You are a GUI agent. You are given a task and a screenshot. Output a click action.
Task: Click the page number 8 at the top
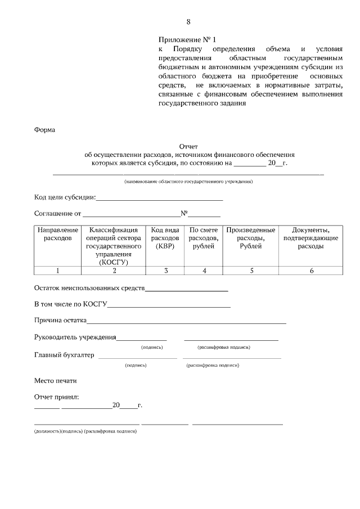188,22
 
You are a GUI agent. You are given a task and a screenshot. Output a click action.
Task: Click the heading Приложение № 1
186,40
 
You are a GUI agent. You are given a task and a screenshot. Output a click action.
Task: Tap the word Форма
44,129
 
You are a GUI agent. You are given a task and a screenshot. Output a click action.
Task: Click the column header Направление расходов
57,234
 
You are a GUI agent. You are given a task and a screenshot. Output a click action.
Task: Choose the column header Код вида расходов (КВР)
165,238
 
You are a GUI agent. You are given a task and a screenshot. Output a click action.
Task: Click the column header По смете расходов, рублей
204,238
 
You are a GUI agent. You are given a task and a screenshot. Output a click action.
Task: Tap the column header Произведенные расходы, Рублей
251,238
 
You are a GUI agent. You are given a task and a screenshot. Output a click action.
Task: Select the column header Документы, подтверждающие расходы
311,238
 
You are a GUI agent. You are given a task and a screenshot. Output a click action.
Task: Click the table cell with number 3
165,271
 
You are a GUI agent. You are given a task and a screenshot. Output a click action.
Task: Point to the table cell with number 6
311,271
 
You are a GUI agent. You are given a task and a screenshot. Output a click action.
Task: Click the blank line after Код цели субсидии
160,199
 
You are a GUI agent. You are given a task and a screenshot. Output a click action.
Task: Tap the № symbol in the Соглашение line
183,214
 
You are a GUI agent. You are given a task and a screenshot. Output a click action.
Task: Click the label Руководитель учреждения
75,337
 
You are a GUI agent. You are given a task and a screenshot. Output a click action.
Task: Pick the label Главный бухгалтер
64,355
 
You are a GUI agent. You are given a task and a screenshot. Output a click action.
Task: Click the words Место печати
55,380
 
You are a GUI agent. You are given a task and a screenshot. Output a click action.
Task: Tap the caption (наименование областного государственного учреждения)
188,182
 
